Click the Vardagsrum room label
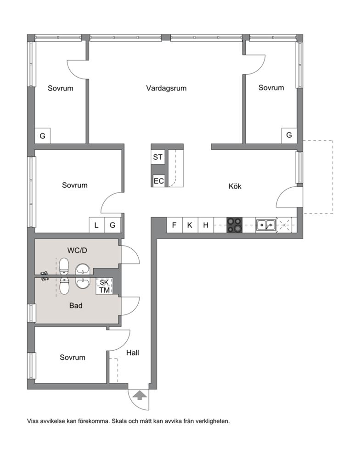click(x=166, y=88)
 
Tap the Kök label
click(x=235, y=186)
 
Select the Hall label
click(x=132, y=353)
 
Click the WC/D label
click(x=77, y=250)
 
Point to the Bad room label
click(x=76, y=306)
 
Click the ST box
click(x=158, y=157)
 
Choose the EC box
click(x=159, y=181)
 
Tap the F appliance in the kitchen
click(x=174, y=225)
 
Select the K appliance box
click(x=190, y=225)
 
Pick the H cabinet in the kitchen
click(x=206, y=225)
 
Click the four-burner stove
click(x=234, y=225)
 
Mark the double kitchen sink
click(x=266, y=225)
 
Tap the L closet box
click(x=97, y=225)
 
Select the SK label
click(x=104, y=282)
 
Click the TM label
click(x=104, y=290)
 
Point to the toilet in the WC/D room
click(x=63, y=266)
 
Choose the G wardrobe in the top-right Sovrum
click(x=289, y=135)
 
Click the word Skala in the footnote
click(x=119, y=421)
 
